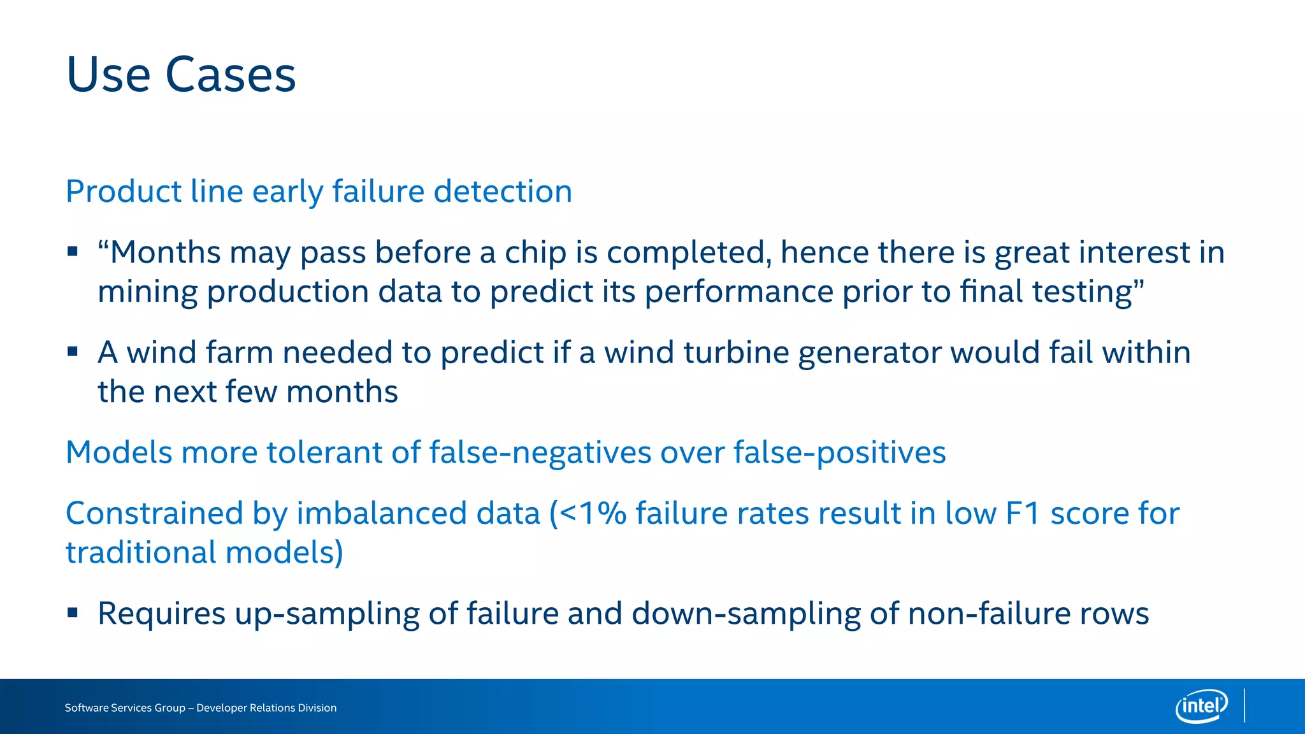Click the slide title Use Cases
point(181,75)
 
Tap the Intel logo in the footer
point(1201,706)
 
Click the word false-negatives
point(540,453)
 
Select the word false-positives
point(839,453)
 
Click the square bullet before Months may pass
point(73,252)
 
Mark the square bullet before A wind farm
point(73,352)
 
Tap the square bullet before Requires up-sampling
point(73,613)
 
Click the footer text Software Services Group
point(125,708)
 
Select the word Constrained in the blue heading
point(155,514)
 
